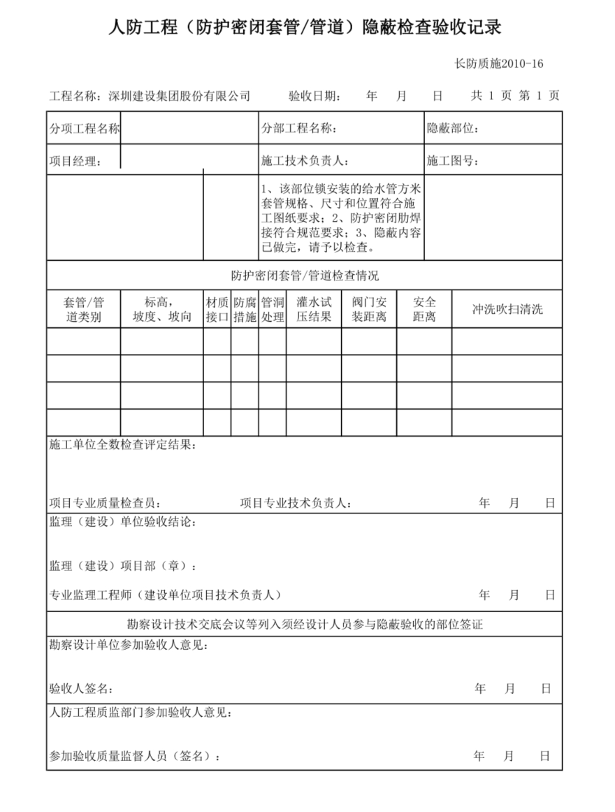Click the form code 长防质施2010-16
[x=498, y=64]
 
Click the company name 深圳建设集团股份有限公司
[x=180, y=96]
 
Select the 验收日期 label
[x=314, y=96]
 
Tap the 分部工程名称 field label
[x=299, y=129]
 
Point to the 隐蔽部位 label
[x=452, y=129]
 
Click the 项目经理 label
[x=75, y=162]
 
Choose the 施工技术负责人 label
[x=304, y=162]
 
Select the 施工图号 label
[x=452, y=162]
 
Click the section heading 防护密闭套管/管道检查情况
[x=305, y=276]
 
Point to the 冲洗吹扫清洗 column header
[x=507, y=309]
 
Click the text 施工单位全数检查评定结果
[x=122, y=445]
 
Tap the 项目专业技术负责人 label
[x=296, y=503]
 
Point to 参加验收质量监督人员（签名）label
[x=134, y=756]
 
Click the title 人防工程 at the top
[x=143, y=28]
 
